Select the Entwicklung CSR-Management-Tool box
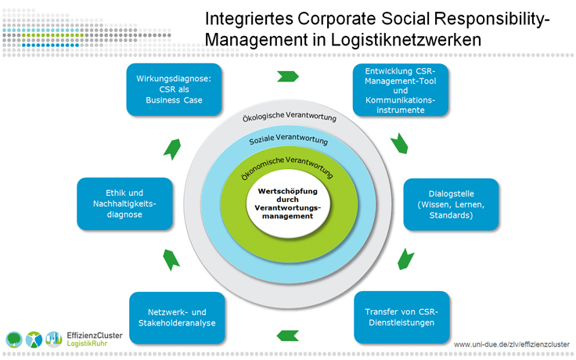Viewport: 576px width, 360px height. tap(400, 88)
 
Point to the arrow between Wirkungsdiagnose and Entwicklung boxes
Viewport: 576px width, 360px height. tap(287, 77)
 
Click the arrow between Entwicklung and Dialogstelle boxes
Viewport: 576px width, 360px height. tap(400, 142)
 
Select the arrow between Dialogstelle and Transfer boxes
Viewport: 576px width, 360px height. tap(405, 258)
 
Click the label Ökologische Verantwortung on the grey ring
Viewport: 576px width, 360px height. tap(291, 118)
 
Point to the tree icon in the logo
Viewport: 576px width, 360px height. tap(15, 340)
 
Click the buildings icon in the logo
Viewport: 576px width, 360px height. tap(54, 340)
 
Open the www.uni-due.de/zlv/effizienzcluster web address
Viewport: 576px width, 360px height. tap(513, 343)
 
